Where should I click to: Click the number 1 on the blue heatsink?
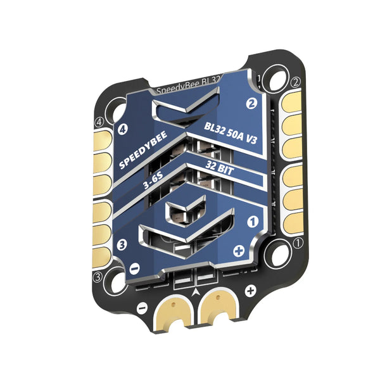[x=251, y=222]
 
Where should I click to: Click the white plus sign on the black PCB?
[x=250, y=291]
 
